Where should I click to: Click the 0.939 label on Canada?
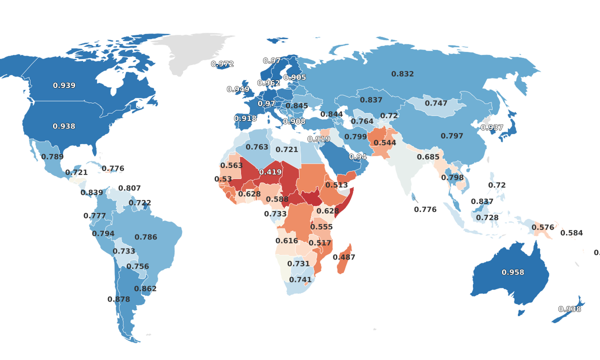click(64, 86)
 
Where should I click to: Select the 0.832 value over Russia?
click(402, 74)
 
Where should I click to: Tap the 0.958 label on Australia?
click(513, 272)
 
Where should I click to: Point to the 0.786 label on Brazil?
click(146, 237)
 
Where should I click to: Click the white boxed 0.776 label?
click(425, 209)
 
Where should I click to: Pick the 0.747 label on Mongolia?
click(436, 103)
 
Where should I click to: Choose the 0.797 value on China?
click(452, 136)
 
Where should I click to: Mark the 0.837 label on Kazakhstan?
click(371, 100)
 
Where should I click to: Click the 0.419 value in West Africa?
click(270, 172)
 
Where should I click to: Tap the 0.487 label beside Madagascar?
click(344, 257)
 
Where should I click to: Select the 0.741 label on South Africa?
click(300, 280)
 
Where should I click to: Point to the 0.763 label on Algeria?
click(257, 147)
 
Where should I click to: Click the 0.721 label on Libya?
click(287, 149)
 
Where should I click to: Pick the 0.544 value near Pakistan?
click(385, 143)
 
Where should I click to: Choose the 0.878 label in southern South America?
click(118, 299)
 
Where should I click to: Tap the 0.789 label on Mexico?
click(52, 157)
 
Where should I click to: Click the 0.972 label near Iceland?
click(222, 64)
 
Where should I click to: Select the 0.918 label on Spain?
click(245, 118)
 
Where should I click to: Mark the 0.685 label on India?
click(428, 157)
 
